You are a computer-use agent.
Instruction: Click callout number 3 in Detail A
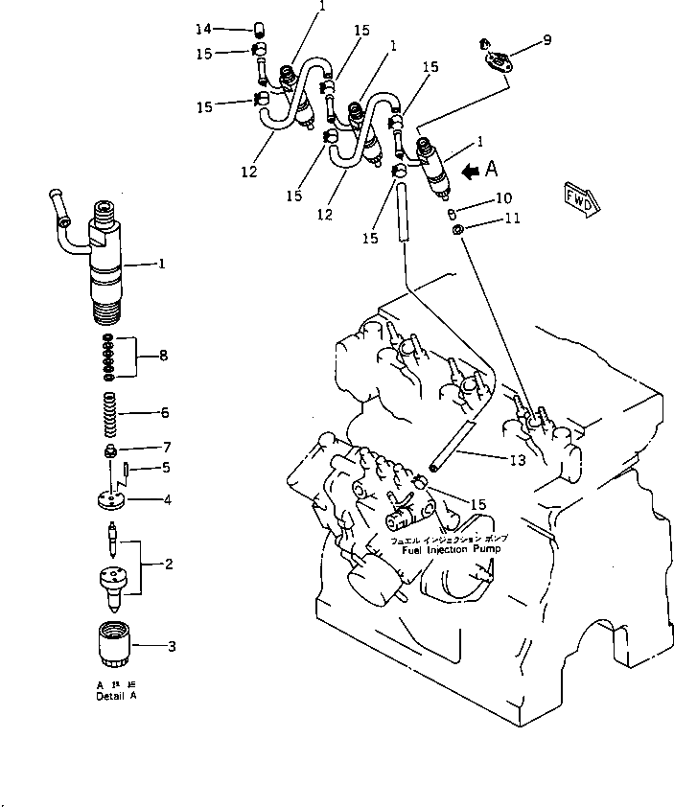172,646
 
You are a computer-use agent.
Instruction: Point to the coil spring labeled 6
111,414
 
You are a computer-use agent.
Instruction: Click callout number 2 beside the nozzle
168,564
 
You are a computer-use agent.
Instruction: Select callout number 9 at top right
546,39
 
